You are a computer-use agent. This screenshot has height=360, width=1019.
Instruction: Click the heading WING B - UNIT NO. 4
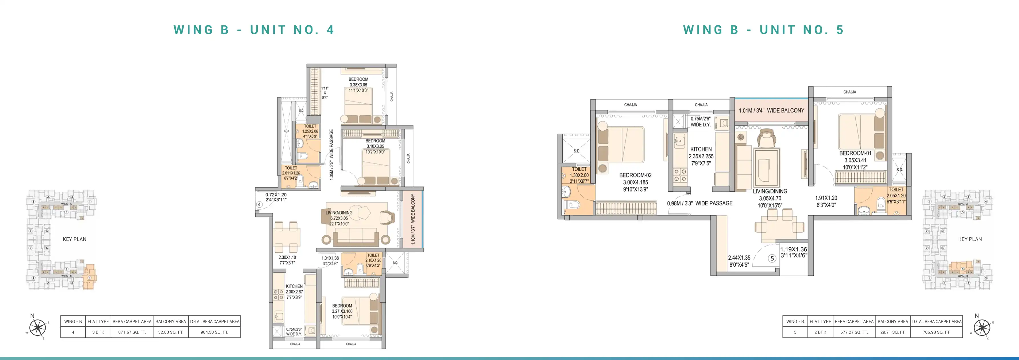pyautogui.click(x=254, y=30)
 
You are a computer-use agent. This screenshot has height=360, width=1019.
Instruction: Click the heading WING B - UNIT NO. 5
pyautogui.click(x=763, y=30)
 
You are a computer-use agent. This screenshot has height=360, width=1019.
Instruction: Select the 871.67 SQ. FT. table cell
pyautogui.click(x=132, y=332)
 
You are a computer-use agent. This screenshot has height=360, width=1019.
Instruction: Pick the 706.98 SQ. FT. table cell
pyautogui.click(x=936, y=332)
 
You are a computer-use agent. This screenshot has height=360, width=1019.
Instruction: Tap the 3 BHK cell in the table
pyautogui.click(x=98, y=332)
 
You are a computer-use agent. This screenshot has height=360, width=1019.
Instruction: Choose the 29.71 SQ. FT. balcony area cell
pyautogui.click(x=893, y=332)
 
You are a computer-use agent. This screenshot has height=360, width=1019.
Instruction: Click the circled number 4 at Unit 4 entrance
pyautogui.click(x=259, y=205)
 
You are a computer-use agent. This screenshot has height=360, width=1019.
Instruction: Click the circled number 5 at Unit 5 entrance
pyautogui.click(x=772, y=259)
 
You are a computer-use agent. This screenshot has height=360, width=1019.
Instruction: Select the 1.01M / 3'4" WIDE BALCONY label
pyautogui.click(x=771, y=111)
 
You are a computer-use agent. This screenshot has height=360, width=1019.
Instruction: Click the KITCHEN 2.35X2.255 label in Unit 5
pyautogui.click(x=701, y=156)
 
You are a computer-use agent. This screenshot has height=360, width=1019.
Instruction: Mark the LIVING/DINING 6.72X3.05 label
pyautogui.click(x=339, y=218)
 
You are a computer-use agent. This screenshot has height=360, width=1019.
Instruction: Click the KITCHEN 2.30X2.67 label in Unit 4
pyautogui.click(x=294, y=292)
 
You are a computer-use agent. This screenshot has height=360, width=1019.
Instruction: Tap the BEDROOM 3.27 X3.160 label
pyautogui.click(x=342, y=311)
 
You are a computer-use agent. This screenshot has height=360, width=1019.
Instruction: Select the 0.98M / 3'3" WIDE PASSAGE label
pyautogui.click(x=700, y=203)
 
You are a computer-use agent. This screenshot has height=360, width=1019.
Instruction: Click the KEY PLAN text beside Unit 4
pyautogui.click(x=74, y=239)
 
